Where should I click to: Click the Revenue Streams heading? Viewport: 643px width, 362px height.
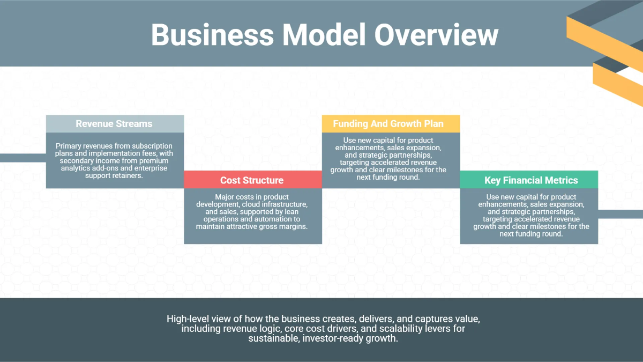tap(114, 124)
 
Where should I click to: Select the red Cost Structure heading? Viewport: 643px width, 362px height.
tap(252, 180)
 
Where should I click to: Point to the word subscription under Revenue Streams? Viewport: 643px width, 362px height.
tap(151, 146)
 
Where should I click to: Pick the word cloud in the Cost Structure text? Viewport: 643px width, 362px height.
tap(252, 204)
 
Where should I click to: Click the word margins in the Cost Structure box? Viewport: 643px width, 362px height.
tap(293, 227)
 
